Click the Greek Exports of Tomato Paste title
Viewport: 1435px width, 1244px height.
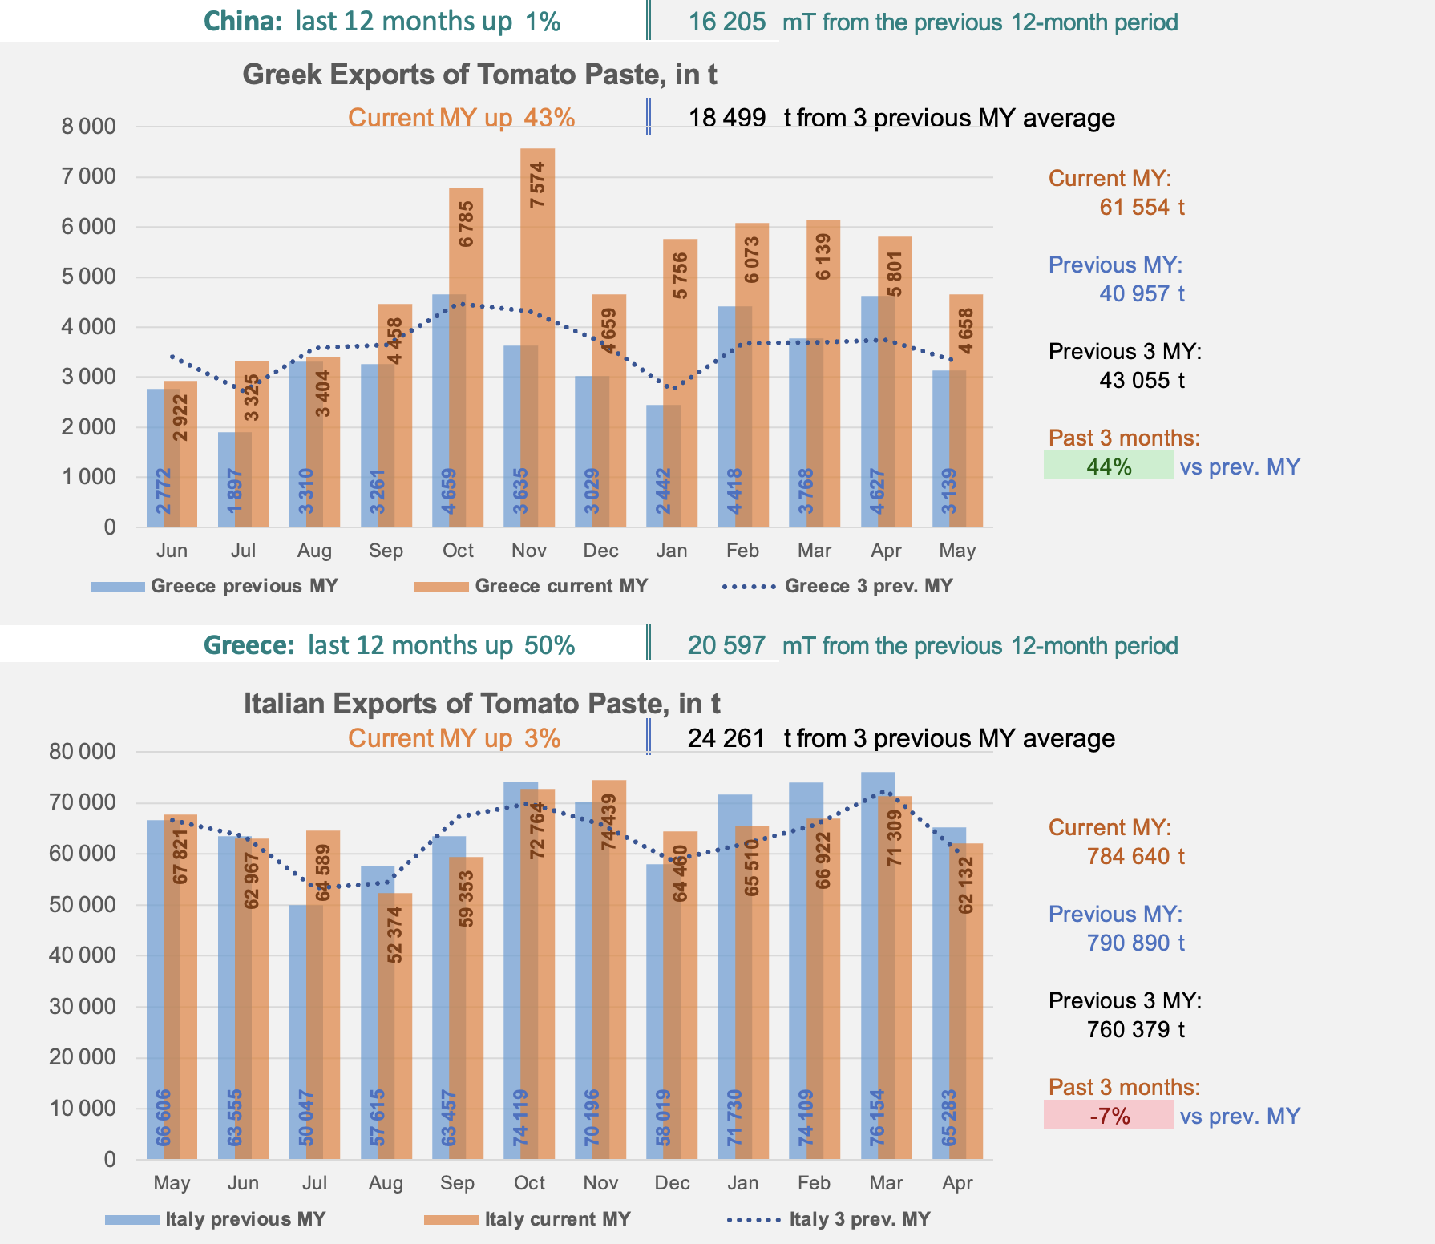tap(479, 75)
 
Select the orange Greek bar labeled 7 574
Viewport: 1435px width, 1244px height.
tap(538, 337)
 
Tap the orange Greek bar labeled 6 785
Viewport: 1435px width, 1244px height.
tap(467, 357)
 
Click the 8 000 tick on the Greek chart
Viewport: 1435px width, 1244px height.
tap(88, 127)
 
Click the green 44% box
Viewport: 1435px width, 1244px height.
tap(1108, 466)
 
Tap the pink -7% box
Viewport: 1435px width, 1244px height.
tap(1108, 1115)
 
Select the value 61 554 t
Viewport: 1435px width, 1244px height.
tap(1142, 208)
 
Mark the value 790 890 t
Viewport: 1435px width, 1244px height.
tap(1135, 943)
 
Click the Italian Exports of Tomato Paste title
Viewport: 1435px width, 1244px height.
tap(482, 704)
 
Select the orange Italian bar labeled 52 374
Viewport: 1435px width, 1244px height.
tap(395, 1026)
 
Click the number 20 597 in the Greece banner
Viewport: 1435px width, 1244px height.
tap(726, 645)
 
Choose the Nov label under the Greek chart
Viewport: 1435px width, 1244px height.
tap(529, 551)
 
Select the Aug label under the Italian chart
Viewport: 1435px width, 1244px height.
tap(386, 1183)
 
